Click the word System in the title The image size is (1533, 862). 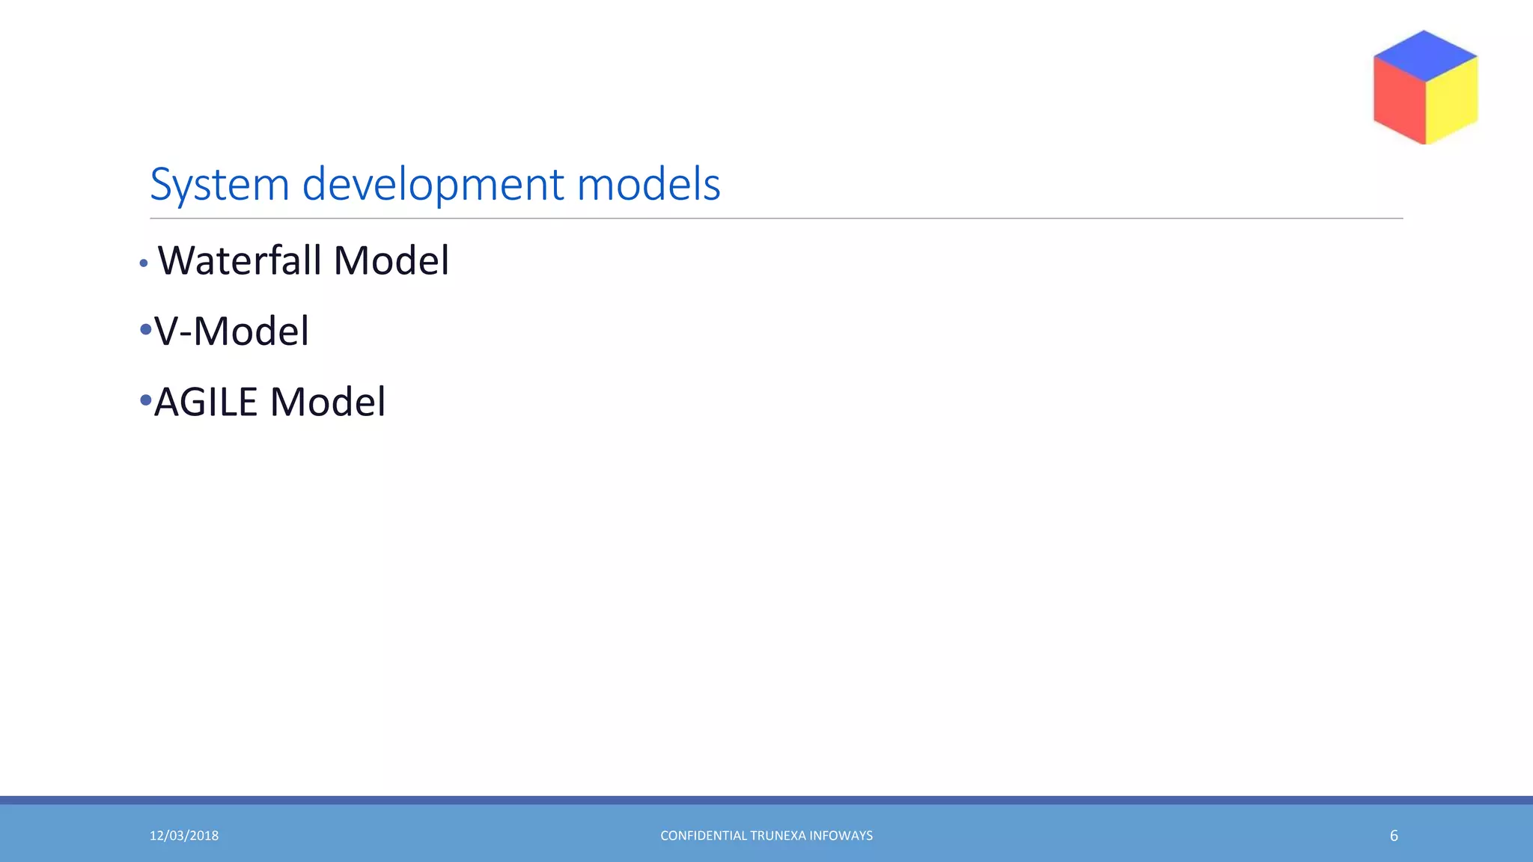pyautogui.click(x=219, y=185)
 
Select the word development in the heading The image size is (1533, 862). pyautogui.click(x=432, y=185)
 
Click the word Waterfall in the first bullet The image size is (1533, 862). pyautogui.click(x=240, y=260)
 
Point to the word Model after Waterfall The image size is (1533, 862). pyautogui.click(x=391, y=260)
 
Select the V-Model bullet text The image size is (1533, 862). pyautogui.click(x=231, y=331)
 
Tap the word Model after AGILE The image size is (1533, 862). pyautogui.click(x=328, y=402)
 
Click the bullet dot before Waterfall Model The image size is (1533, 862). pyautogui.click(x=144, y=263)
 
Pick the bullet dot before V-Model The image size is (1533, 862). pyautogui.click(x=145, y=329)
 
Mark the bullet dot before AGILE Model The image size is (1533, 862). pyautogui.click(x=145, y=400)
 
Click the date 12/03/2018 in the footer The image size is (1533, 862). pyautogui.click(x=184, y=836)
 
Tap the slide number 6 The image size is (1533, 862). pyautogui.click(x=1394, y=836)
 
